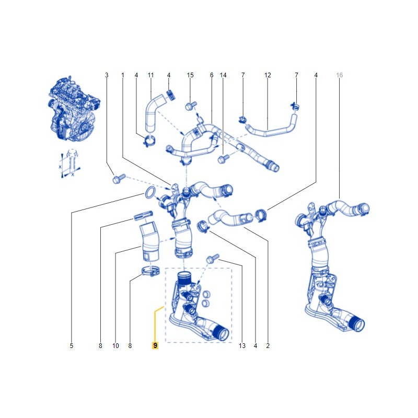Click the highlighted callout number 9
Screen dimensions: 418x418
[x=155, y=345]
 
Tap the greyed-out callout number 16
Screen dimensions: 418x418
[x=339, y=75]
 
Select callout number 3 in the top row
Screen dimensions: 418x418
[x=107, y=75]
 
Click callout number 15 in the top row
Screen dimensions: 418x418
[x=190, y=75]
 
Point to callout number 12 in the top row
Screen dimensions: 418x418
[x=268, y=75]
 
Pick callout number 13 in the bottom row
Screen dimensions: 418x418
[x=242, y=346]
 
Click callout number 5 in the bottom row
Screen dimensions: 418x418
[x=72, y=346]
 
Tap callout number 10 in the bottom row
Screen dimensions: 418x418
[x=115, y=346]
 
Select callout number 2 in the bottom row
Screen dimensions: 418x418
[x=268, y=346]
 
